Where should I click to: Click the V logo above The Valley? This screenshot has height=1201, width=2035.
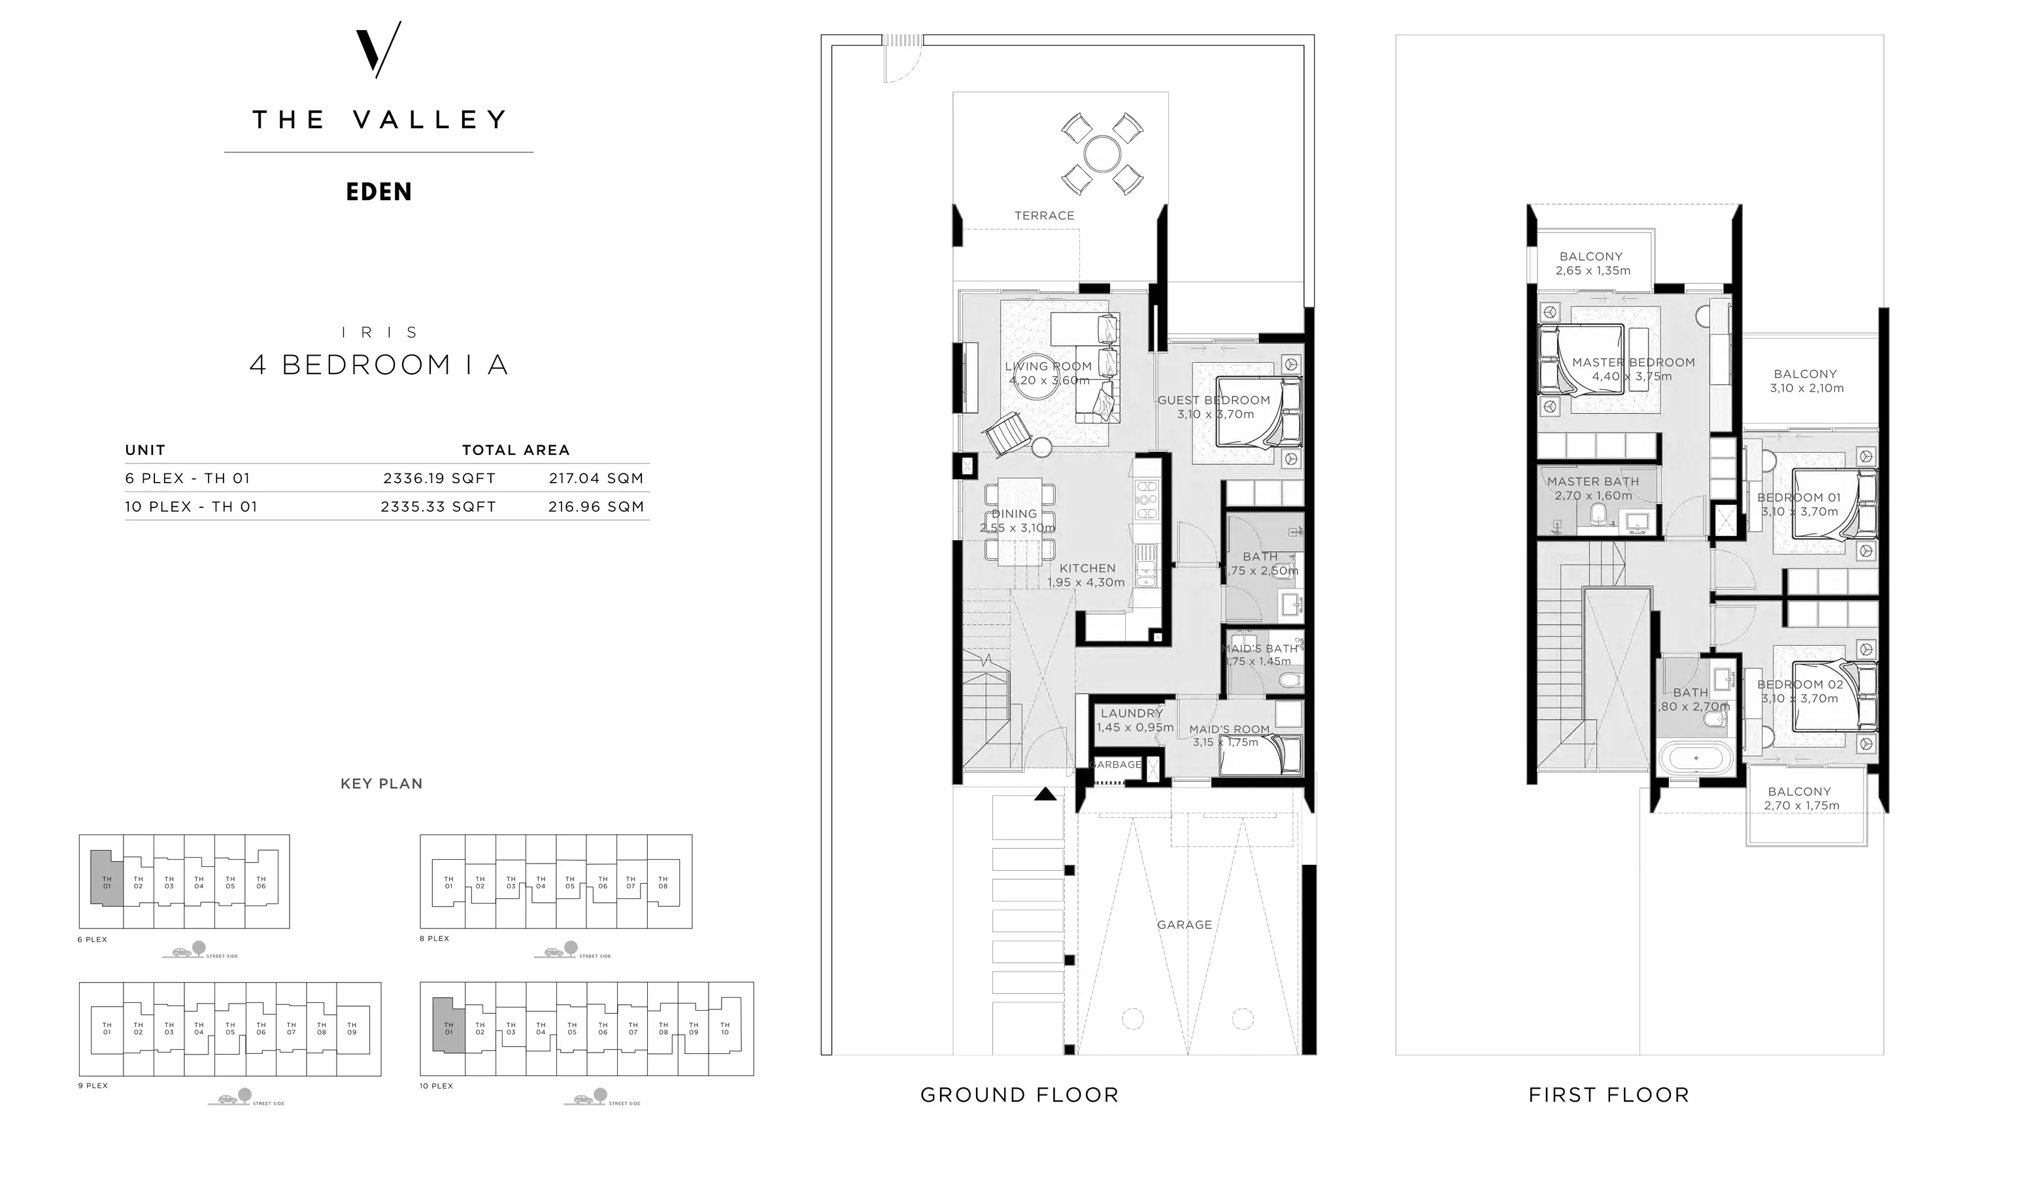point(378,50)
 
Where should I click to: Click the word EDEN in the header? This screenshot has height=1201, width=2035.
point(378,192)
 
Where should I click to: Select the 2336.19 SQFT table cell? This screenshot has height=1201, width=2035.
point(439,479)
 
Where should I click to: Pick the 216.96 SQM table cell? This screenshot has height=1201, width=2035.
point(596,507)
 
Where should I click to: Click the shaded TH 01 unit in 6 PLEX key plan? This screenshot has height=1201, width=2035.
point(106,881)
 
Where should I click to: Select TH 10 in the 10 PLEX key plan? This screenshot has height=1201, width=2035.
point(724,1028)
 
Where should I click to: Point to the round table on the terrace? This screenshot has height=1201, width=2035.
point(1102,154)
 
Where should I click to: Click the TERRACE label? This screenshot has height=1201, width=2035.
point(1045,215)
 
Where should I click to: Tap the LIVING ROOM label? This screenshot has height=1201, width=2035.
point(1049,366)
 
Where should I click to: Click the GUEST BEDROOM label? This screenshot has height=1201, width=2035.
point(1214,400)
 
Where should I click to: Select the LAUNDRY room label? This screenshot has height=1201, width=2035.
point(1131,713)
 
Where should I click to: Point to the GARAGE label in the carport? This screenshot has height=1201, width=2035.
point(1185,924)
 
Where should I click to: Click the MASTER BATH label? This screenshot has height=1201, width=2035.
point(1593,482)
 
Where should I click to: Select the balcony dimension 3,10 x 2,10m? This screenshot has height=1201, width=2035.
point(1807,388)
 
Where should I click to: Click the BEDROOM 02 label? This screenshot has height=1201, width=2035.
point(1800,685)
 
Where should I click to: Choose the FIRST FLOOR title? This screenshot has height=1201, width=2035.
point(1609,1095)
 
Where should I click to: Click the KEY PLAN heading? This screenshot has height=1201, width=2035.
point(382,783)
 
